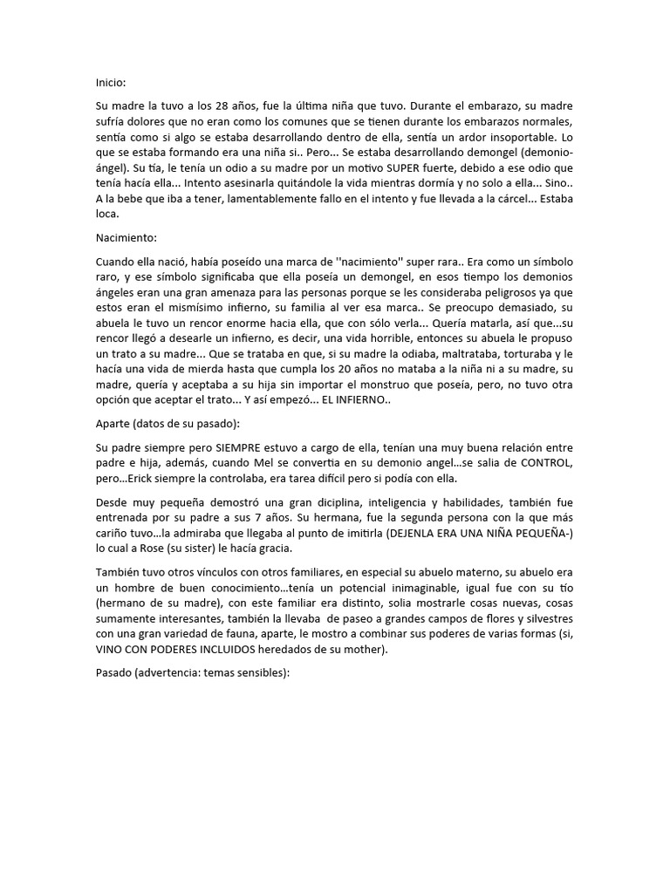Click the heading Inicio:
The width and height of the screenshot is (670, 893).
(x=111, y=82)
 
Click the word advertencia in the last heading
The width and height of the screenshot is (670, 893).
(x=173, y=678)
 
